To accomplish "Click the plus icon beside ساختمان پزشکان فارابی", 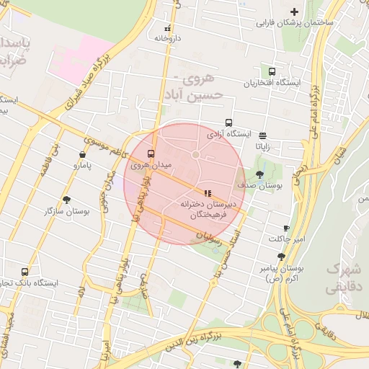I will coord(294,12).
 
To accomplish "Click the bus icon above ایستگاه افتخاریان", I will coord(272,72).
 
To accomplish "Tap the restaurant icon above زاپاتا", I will coord(262,135).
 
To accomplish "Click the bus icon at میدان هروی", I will coord(151,154).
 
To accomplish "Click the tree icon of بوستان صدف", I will coord(259,174).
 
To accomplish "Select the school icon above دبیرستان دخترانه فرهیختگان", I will coord(208,193).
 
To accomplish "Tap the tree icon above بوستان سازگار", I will coord(67,200).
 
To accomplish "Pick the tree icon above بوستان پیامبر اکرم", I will coord(280,257).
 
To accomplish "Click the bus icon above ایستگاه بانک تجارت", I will coord(25,272).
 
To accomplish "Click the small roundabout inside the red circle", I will coord(195,154).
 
